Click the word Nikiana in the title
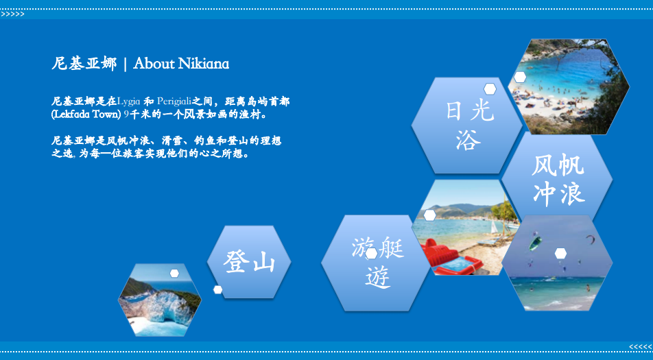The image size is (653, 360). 204,63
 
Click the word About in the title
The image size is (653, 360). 154,63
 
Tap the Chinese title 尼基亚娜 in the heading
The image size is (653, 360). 84,63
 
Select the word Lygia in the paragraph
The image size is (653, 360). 129,101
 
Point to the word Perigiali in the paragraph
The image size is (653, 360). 174,101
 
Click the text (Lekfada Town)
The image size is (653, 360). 86,115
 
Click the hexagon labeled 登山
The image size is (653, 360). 249,262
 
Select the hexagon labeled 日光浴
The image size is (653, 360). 467,125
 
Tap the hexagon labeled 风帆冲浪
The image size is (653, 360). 557,180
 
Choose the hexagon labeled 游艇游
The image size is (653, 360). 376,263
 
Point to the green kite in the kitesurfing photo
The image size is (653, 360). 535,243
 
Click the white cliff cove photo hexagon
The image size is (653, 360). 160,300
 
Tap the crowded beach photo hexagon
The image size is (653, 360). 569,86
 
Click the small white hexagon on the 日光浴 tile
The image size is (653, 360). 490,88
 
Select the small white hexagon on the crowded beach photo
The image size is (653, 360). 520,77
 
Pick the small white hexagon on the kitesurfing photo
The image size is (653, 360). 560,253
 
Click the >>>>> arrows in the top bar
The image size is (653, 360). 12,14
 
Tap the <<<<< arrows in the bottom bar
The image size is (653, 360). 641,347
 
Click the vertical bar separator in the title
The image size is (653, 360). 125,64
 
